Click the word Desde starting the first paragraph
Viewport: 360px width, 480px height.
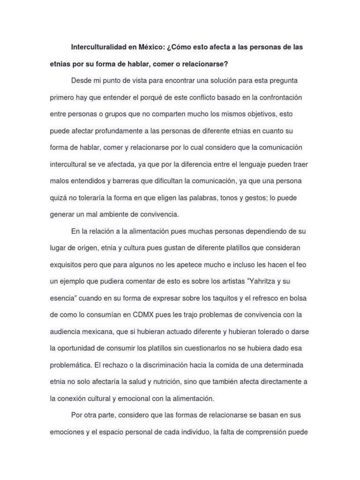pos(82,81)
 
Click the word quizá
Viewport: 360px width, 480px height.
pos(59,197)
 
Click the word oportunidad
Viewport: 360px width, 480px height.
pos(84,348)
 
